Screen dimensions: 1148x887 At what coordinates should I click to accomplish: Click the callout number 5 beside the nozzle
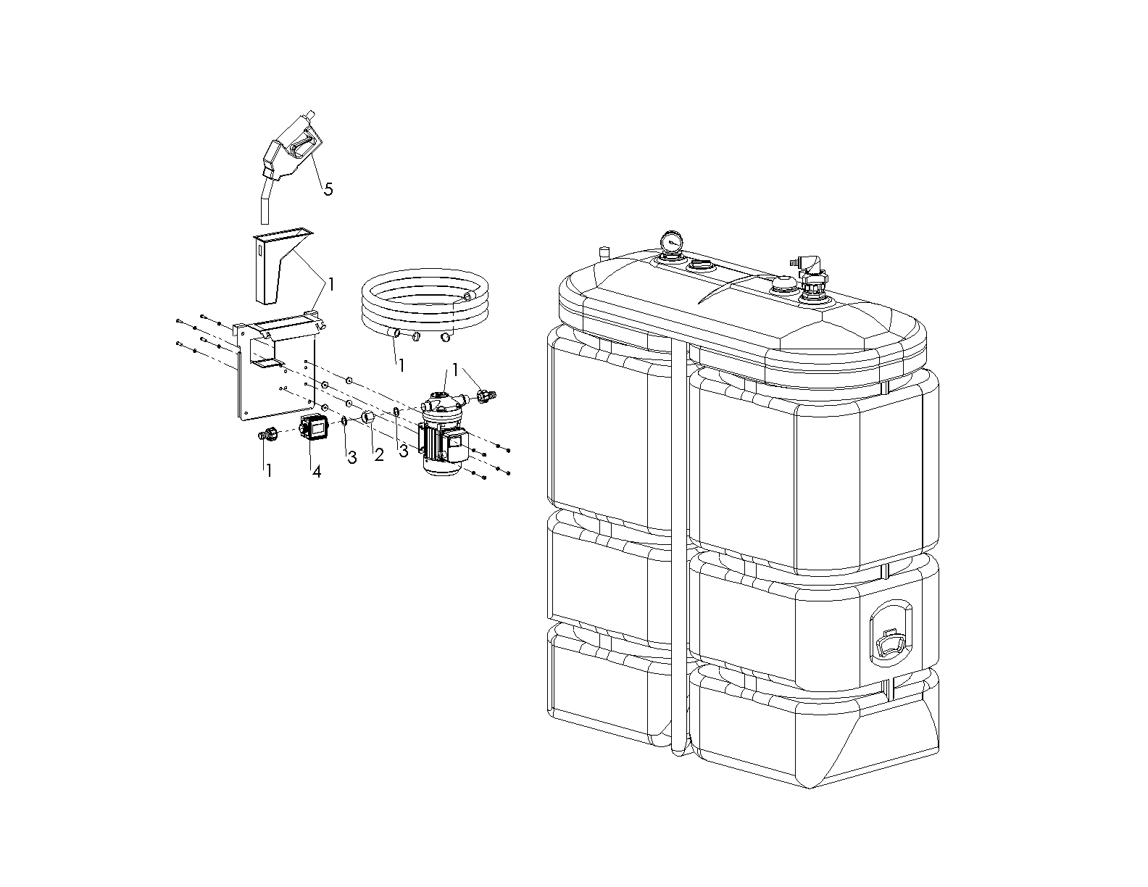pos(328,189)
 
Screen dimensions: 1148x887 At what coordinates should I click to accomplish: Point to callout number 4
pos(317,472)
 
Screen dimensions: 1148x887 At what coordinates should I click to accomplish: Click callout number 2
pos(379,455)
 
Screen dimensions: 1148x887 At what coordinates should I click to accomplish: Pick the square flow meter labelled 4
pos(314,427)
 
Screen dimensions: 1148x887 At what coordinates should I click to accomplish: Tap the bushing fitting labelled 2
pos(368,418)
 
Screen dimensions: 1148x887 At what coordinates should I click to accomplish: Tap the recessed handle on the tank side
pos(890,631)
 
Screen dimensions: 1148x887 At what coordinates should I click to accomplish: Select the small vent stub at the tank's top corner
pos(604,251)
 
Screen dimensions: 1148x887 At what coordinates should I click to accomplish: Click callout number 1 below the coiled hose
pos(401,365)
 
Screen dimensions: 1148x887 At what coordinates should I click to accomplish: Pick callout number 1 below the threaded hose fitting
pos(268,470)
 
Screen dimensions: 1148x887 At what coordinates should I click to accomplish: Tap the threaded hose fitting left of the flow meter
pos(268,435)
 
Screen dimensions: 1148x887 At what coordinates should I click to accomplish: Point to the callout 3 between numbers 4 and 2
pos(352,458)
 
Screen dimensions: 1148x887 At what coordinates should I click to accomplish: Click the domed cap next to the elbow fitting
pos(781,286)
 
